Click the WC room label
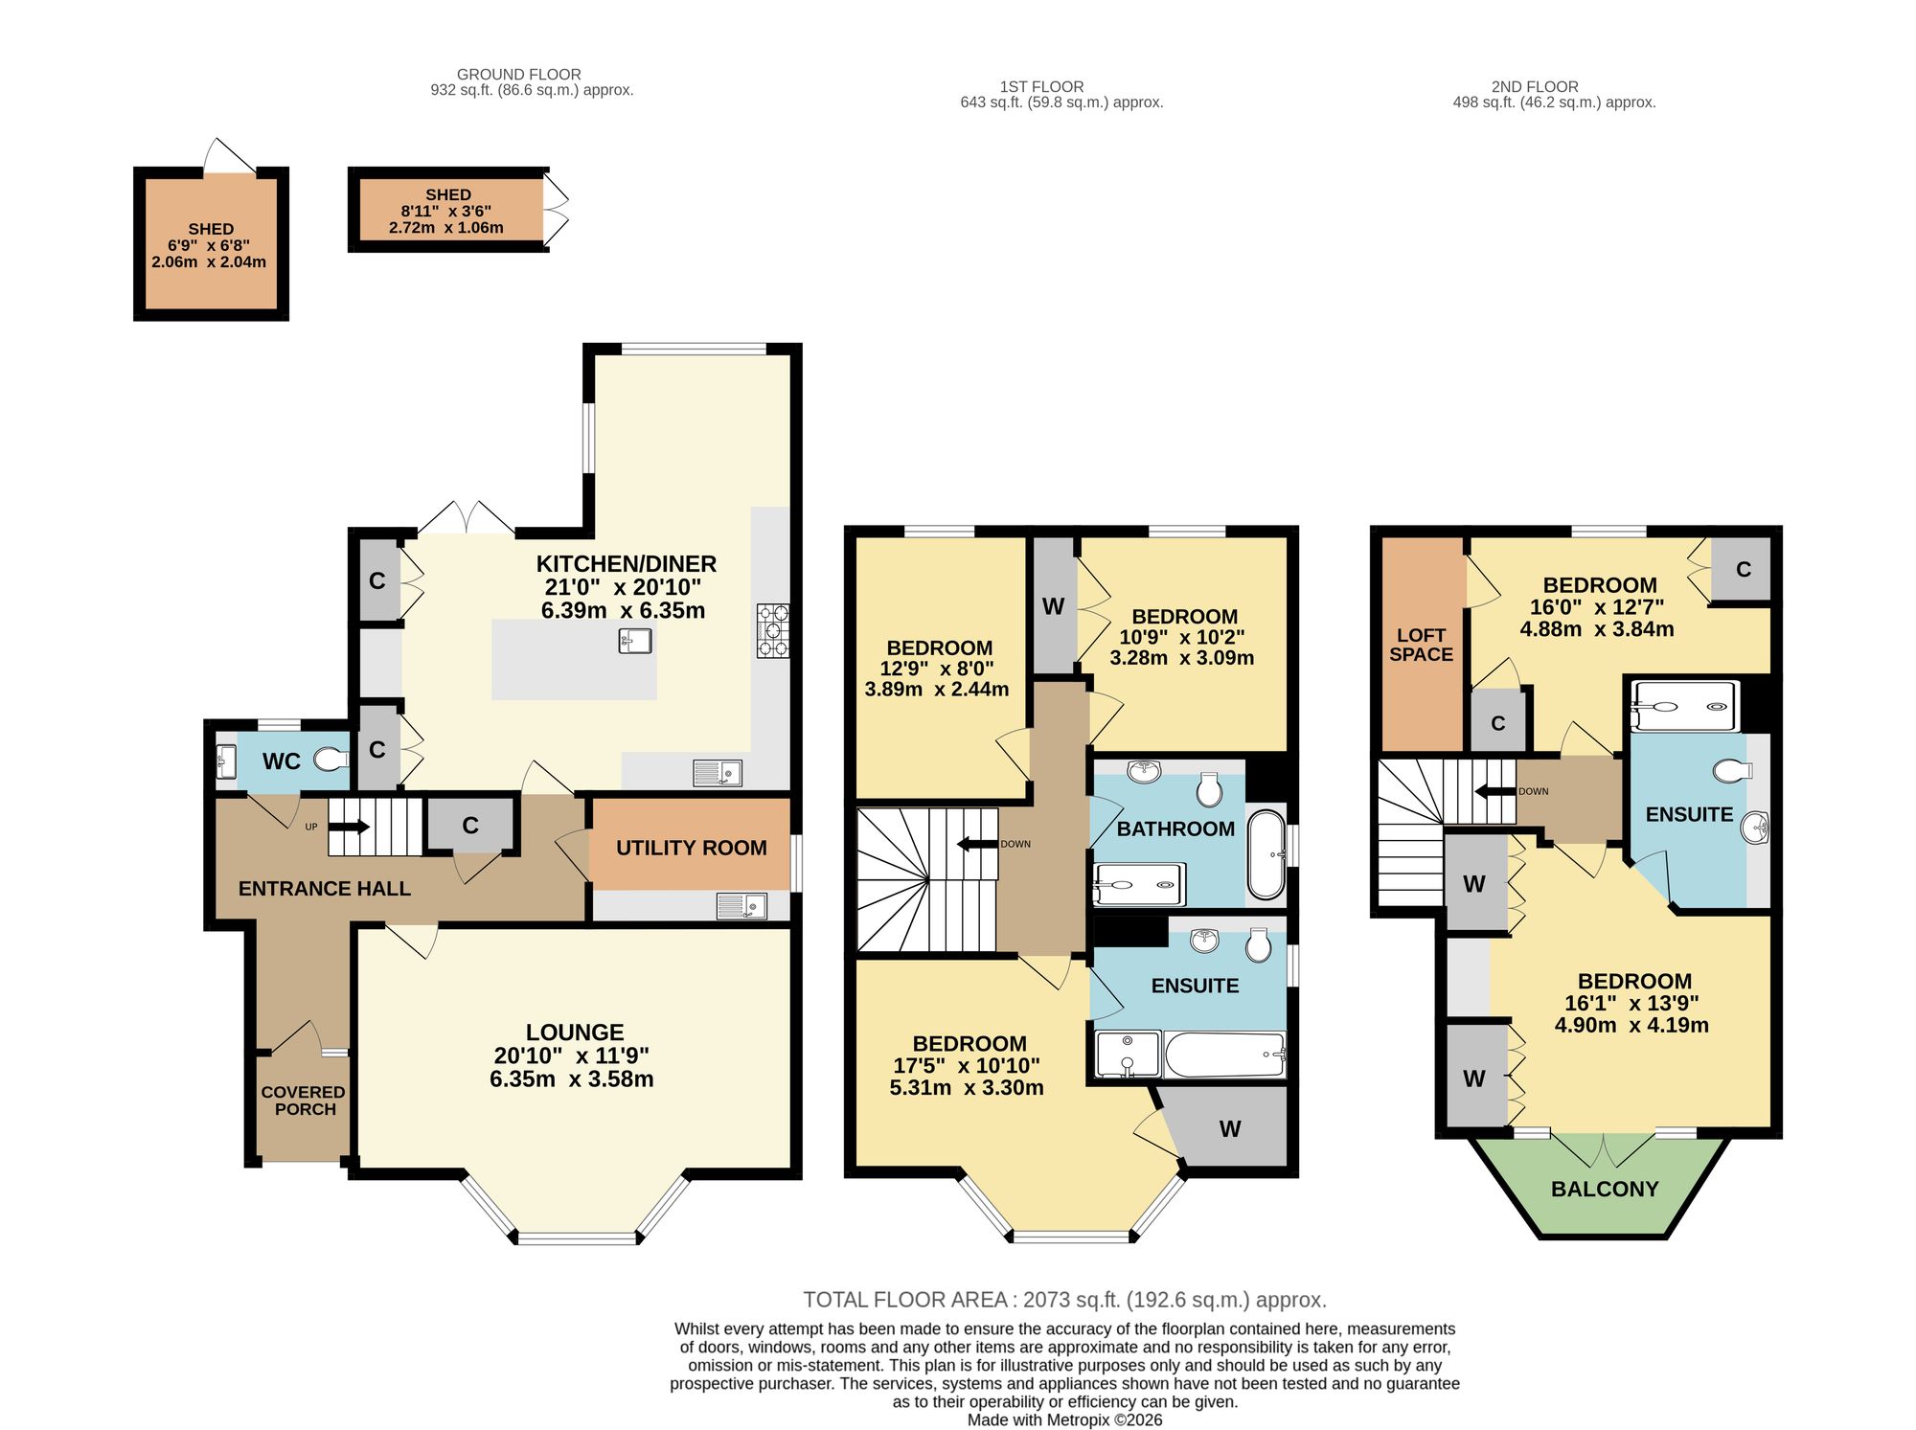click(x=282, y=761)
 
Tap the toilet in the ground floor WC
click(x=331, y=760)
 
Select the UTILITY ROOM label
click(x=692, y=848)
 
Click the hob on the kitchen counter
click(x=773, y=630)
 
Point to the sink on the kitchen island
click(x=635, y=640)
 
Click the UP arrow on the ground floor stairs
click(x=350, y=826)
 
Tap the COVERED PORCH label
click(x=304, y=1101)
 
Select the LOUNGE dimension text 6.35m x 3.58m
click(x=572, y=1079)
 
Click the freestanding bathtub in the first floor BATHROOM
click(x=1266, y=855)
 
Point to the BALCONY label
click(x=1605, y=1189)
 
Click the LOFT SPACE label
click(x=1422, y=645)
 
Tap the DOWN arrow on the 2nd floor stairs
click(x=1494, y=792)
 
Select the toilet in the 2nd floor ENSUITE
click(x=1732, y=770)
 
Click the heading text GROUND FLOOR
click(x=519, y=74)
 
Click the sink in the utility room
click(x=741, y=905)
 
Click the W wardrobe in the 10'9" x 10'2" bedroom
click(x=1053, y=605)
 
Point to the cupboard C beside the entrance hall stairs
click(x=470, y=825)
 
